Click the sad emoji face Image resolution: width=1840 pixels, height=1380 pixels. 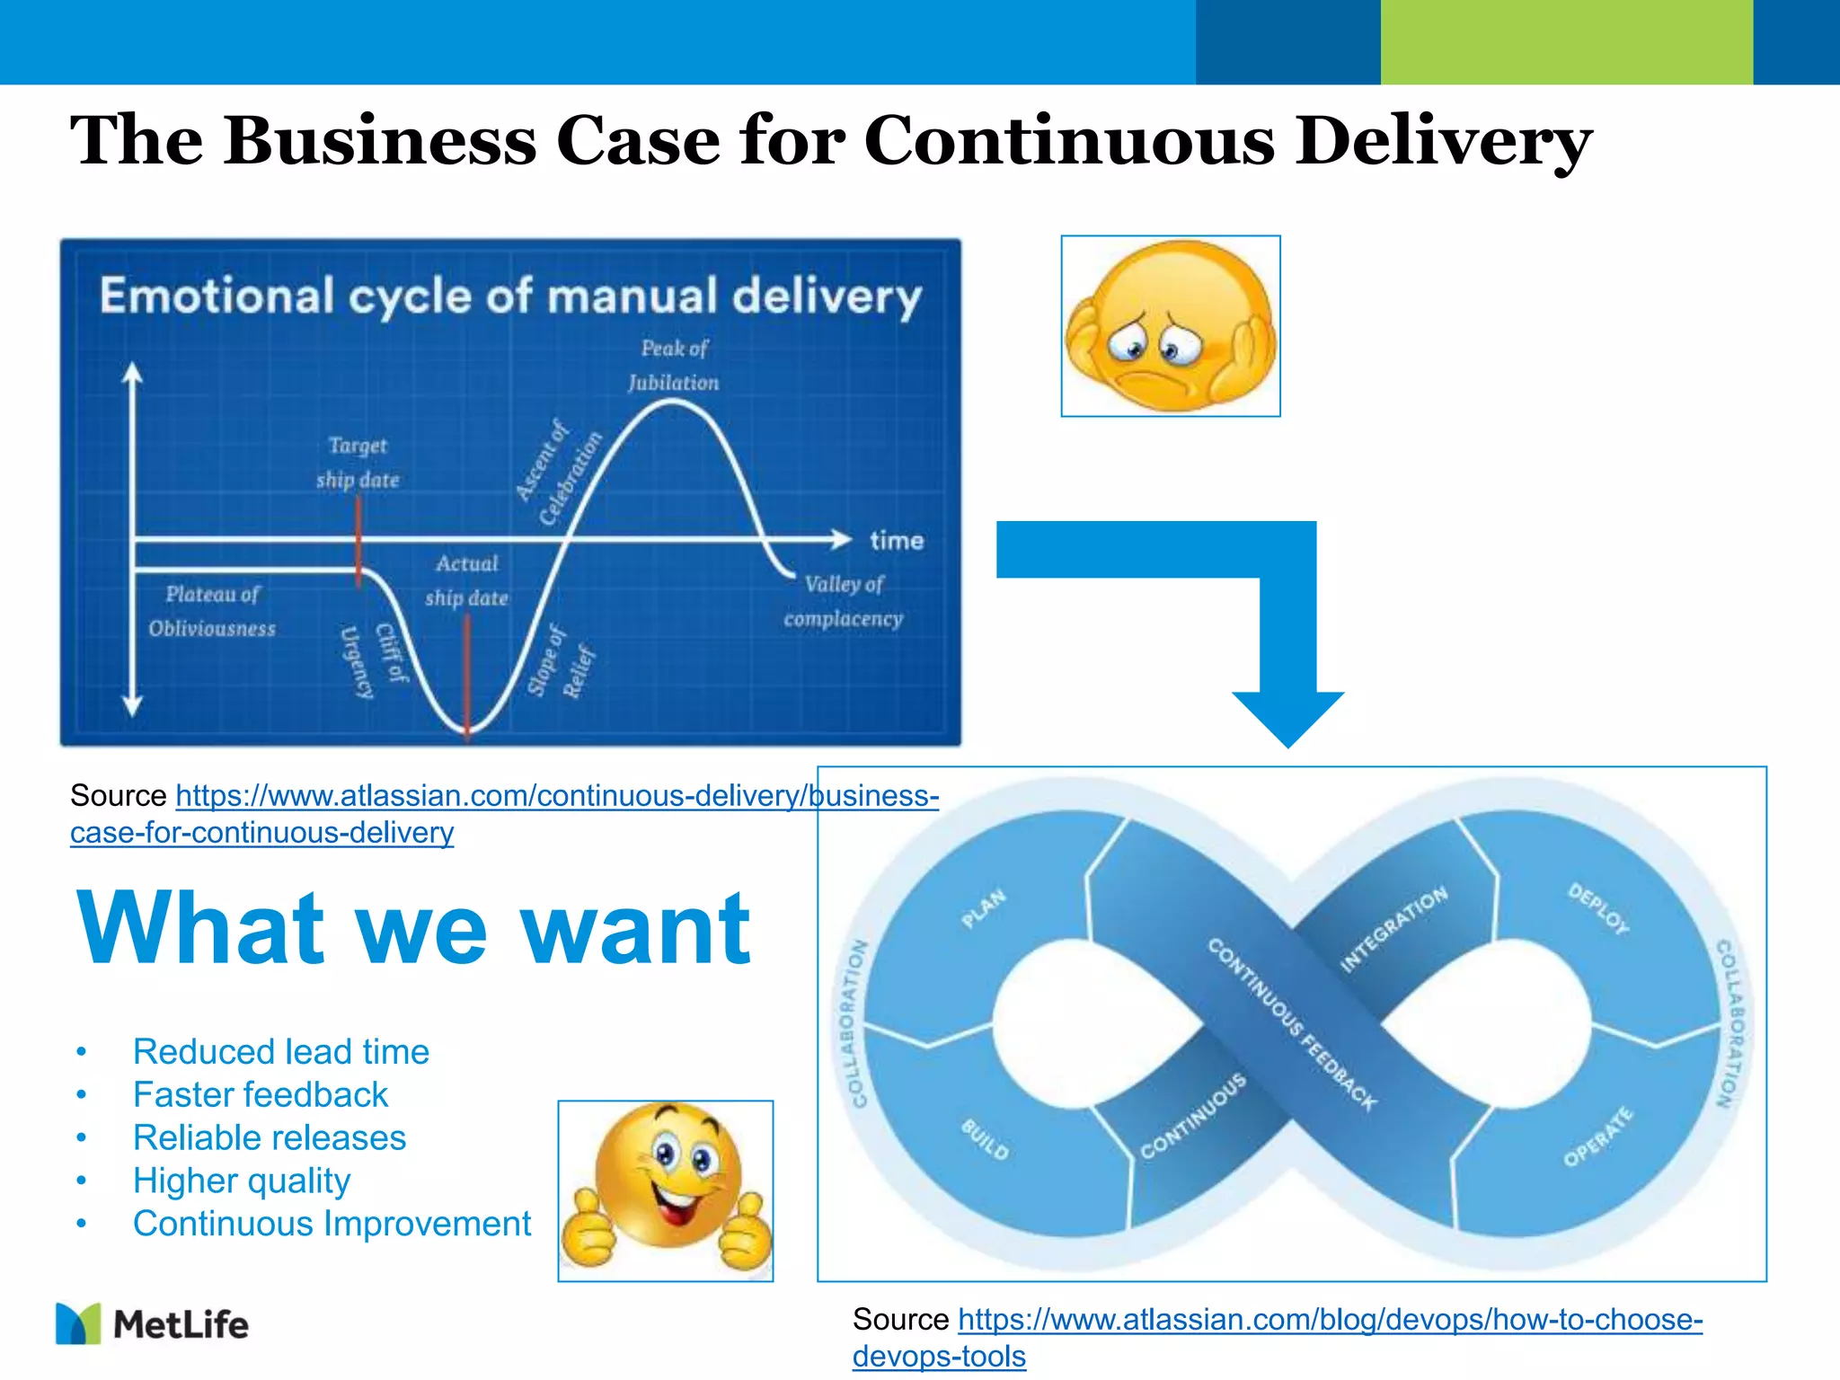tap(1170, 326)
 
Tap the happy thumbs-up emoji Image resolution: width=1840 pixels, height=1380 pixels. tap(666, 1188)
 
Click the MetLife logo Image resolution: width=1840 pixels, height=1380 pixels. tap(153, 1324)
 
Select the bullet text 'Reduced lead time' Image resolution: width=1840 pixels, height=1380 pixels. tap(281, 1051)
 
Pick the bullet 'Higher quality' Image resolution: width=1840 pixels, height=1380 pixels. tap(241, 1181)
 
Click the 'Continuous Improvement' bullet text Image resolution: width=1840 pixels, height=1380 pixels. tap(332, 1224)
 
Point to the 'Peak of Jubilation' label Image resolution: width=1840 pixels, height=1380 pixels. tap(674, 366)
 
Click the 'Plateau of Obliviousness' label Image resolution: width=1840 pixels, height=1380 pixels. tap(212, 611)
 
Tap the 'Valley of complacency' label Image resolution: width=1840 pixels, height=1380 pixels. tap(843, 601)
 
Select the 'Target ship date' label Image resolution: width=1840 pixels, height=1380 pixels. tap(358, 463)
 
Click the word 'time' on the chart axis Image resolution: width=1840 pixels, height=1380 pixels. tap(897, 541)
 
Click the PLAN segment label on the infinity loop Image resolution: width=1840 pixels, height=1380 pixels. tap(984, 908)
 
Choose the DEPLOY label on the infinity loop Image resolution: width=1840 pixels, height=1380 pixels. tap(1598, 908)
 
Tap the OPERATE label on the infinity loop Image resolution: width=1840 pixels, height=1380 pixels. tap(1598, 1137)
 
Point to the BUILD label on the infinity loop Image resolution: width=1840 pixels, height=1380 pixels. tap(986, 1139)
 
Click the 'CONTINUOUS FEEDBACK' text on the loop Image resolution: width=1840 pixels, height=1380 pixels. tap(1292, 1024)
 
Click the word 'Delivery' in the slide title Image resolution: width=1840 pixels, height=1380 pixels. tap(1443, 141)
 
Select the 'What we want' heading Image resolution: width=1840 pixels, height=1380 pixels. tap(413, 928)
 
